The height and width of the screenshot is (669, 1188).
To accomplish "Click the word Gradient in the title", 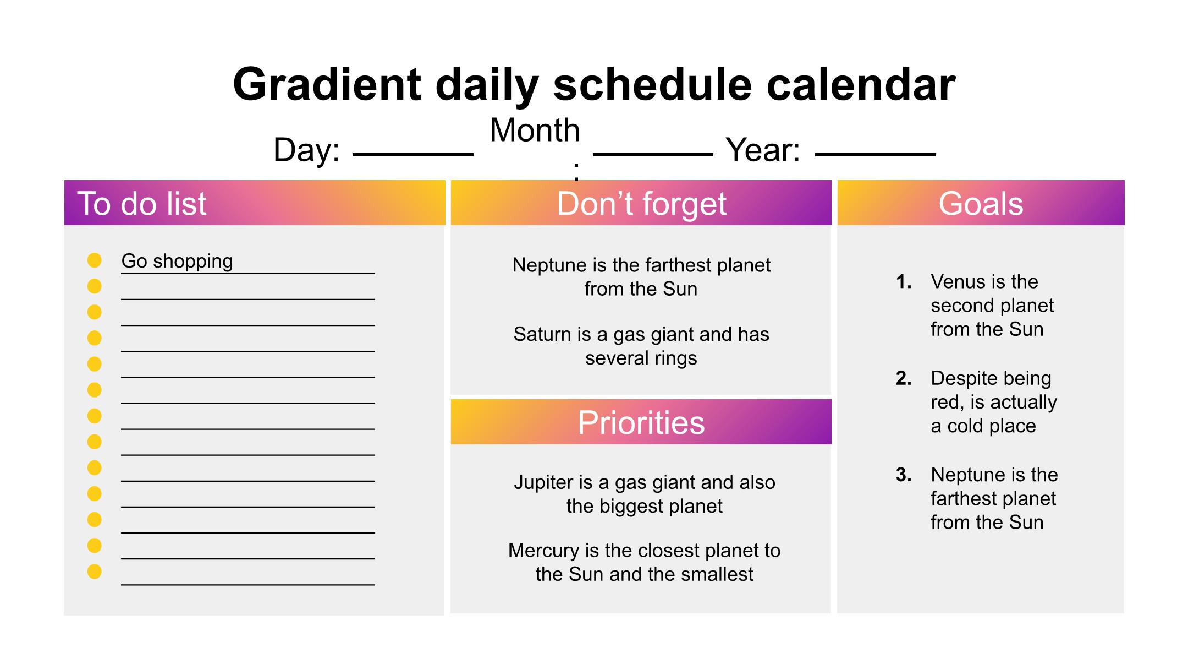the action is [327, 84].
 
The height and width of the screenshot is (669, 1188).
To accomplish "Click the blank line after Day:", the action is [413, 155].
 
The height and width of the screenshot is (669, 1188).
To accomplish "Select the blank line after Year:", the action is [875, 155].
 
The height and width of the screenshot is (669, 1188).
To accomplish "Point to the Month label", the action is [535, 130].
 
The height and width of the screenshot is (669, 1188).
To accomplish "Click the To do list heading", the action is [142, 203].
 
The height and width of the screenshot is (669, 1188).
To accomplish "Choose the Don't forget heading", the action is [641, 203].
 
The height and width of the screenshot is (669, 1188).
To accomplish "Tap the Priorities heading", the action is [641, 422].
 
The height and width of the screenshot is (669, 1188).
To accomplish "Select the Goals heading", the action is [981, 203].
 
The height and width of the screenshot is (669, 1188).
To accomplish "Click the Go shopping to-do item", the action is [177, 261].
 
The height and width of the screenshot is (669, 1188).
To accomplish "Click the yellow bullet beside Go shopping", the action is [95, 260].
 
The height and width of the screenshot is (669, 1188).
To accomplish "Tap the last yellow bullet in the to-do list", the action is [95, 572].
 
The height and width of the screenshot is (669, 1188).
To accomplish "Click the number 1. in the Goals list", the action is [904, 282].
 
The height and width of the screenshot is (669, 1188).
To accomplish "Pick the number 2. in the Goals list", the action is [904, 378].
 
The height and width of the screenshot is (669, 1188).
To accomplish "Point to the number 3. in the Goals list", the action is [904, 475].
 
